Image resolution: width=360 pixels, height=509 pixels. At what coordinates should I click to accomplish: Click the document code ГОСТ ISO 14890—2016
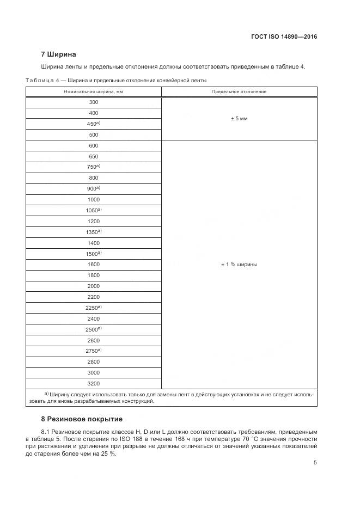click(284, 37)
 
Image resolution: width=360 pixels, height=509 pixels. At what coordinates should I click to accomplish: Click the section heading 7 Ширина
click(59, 54)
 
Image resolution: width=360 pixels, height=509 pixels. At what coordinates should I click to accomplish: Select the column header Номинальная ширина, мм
click(93, 91)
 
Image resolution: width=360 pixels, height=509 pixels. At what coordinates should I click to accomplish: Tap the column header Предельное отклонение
click(239, 91)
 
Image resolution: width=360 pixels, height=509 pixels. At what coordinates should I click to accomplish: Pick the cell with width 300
click(93, 102)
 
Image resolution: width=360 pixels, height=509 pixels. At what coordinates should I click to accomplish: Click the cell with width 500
click(93, 134)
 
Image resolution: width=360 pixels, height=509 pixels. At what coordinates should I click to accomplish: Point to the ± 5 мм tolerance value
click(239, 118)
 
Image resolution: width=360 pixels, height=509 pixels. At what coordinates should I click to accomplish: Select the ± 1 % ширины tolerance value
click(239, 264)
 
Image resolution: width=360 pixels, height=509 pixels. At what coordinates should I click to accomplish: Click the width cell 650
click(93, 156)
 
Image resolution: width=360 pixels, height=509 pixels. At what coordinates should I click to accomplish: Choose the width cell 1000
click(93, 199)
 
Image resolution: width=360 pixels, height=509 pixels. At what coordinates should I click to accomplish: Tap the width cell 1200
click(93, 221)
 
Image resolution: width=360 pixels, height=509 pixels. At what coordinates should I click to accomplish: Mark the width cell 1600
click(93, 264)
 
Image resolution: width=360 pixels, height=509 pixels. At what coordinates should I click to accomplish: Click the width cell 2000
click(93, 286)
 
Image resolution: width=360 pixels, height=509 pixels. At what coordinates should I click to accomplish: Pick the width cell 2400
click(93, 318)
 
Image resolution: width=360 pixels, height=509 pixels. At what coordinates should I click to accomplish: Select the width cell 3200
click(93, 383)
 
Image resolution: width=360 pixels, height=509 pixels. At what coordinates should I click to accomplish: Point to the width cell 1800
click(93, 275)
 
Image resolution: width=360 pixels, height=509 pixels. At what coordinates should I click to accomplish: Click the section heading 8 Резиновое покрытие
click(82, 419)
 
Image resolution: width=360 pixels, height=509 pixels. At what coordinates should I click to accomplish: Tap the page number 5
click(315, 463)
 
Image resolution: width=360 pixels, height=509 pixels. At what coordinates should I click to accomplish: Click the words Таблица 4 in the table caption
click(41, 81)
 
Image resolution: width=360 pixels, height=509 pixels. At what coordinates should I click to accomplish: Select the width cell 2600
click(93, 340)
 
